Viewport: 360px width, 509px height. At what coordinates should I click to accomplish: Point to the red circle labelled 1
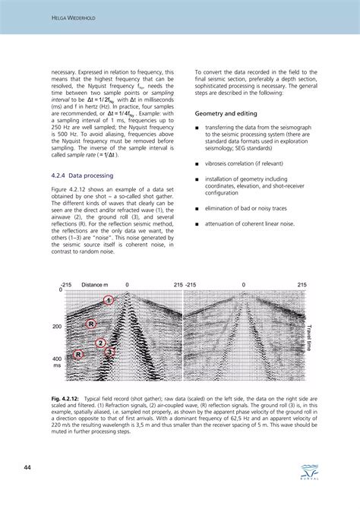click(109, 301)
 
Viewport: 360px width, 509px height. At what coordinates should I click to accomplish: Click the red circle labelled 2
click(100, 343)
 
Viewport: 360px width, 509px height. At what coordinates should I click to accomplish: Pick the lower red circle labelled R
click(78, 354)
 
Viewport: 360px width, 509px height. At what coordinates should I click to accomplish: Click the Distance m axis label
click(96, 284)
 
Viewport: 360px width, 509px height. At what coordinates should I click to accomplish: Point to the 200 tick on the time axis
click(57, 327)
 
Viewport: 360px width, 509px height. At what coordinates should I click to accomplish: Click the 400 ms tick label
click(57, 362)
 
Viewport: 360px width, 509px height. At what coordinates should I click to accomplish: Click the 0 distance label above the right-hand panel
click(244, 284)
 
